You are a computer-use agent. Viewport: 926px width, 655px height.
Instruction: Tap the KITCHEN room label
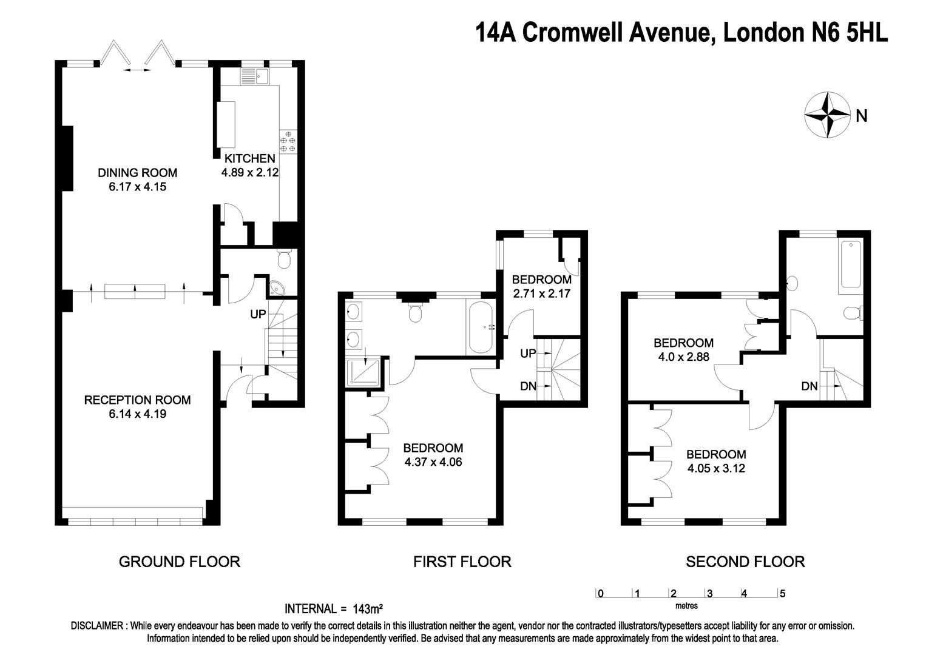pyautogui.click(x=250, y=158)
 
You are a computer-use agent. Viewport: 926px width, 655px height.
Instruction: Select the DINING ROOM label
pyautogui.click(x=138, y=173)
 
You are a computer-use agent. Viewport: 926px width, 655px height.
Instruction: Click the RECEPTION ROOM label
pyautogui.click(x=137, y=400)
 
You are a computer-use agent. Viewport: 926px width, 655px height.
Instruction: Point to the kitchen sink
pyautogui.click(x=255, y=76)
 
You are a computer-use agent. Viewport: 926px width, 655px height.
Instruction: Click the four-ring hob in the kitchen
pyautogui.click(x=288, y=141)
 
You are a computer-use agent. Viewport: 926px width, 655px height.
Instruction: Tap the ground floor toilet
pyautogui.click(x=283, y=259)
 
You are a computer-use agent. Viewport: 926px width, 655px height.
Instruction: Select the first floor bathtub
pyautogui.click(x=481, y=327)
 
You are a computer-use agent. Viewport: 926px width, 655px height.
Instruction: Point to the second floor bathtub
pyautogui.click(x=850, y=264)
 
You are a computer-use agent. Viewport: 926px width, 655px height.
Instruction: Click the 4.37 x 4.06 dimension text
pyautogui.click(x=433, y=462)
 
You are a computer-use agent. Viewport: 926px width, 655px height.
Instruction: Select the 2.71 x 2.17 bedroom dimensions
pyautogui.click(x=541, y=294)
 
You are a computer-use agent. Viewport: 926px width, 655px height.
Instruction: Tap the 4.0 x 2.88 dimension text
pyautogui.click(x=683, y=357)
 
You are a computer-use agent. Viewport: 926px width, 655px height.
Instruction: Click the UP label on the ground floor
pyautogui.click(x=259, y=315)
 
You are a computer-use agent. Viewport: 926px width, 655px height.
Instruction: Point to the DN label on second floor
pyautogui.click(x=809, y=386)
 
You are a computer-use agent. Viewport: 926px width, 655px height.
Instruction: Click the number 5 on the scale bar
pyautogui.click(x=782, y=594)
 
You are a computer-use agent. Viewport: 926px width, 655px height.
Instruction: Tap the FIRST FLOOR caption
pyautogui.click(x=462, y=562)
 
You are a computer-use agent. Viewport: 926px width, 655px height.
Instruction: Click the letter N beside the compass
pyautogui.click(x=862, y=115)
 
